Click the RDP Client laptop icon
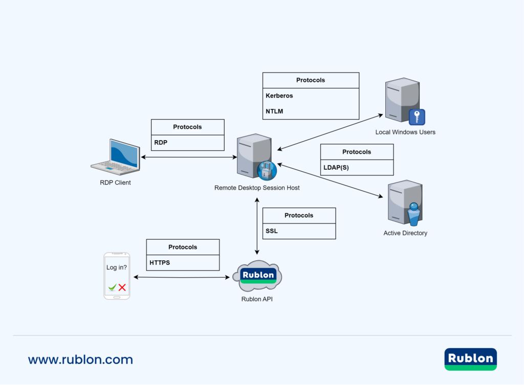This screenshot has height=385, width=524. pyautogui.click(x=116, y=157)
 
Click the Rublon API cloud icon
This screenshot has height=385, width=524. pyautogui.click(x=257, y=276)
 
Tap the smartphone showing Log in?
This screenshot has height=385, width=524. pyautogui.click(x=117, y=276)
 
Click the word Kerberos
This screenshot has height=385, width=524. pyautogui.click(x=279, y=96)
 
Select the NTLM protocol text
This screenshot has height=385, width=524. pyautogui.click(x=274, y=111)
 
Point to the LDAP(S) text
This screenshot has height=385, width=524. pyautogui.click(x=336, y=167)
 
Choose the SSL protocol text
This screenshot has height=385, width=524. pyautogui.click(x=271, y=231)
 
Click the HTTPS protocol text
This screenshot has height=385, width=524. pyautogui.click(x=160, y=263)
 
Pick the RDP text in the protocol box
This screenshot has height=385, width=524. pyautogui.click(x=161, y=143)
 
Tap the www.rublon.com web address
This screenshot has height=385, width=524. pyautogui.click(x=80, y=359)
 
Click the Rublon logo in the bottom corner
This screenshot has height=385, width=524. pyautogui.click(x=470, y=359)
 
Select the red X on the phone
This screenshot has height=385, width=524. pyautogui.click(x=122, y=288)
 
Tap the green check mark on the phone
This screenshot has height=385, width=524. pyautogui.click(x=112, y=288)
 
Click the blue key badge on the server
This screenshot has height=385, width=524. pyautogui.click(x=417, y=117)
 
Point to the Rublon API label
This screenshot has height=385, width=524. pyautogui.click(x=257, y=299)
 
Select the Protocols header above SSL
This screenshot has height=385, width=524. pyautogui.click(x=299, y=215)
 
